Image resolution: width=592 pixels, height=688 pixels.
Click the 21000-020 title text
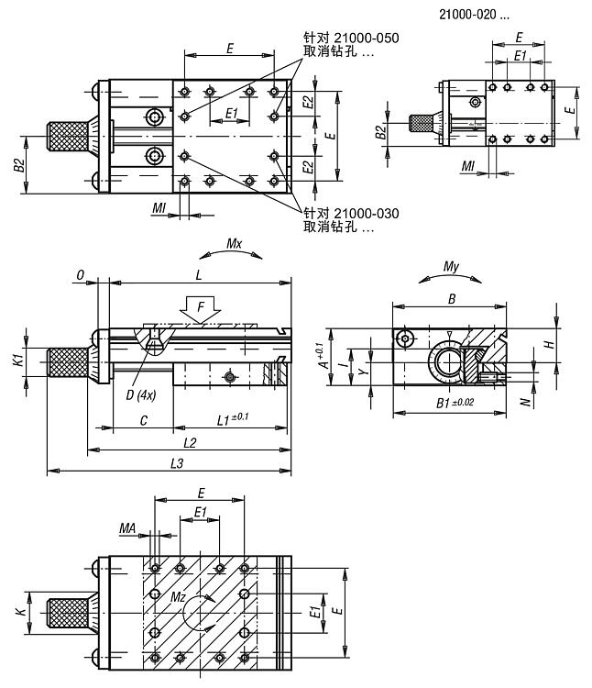(x=474, y=14)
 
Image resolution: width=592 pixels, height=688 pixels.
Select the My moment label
(x=450, y=267)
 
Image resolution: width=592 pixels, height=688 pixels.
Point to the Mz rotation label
(x=179, y=597)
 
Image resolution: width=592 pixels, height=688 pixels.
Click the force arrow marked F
(x=198, y=309)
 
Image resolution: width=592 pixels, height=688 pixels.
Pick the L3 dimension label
(x=178, y=464)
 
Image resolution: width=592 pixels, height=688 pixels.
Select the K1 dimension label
(x=17, y=361)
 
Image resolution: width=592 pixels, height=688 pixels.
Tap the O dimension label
(x=81, y=274)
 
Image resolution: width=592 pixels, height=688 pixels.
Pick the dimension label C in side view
(x=144, y=420)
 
